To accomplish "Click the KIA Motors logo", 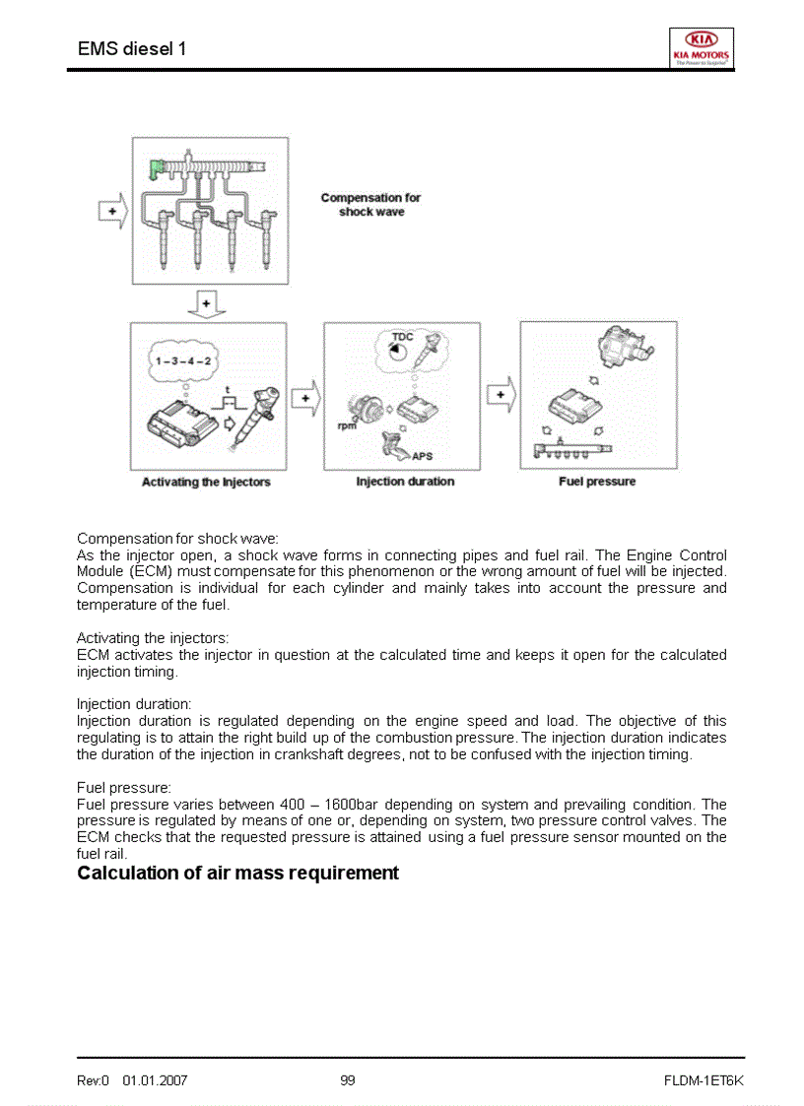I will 701,46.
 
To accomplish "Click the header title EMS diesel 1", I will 131,48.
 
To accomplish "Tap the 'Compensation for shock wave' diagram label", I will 370,205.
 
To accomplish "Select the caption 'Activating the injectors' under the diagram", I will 206,482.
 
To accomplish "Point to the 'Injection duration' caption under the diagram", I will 405,482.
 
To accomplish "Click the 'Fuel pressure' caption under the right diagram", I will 597,482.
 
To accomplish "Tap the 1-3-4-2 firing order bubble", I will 183,361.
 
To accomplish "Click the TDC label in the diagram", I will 402,337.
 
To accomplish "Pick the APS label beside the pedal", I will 422,456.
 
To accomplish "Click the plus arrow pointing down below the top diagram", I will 206,303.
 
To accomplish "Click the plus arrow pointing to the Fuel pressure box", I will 502,395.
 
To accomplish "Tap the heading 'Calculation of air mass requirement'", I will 237,874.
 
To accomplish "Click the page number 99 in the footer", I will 347,1080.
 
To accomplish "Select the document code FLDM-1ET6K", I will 703,1080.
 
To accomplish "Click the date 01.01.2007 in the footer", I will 155,1080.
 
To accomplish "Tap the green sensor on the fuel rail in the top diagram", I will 156,168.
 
